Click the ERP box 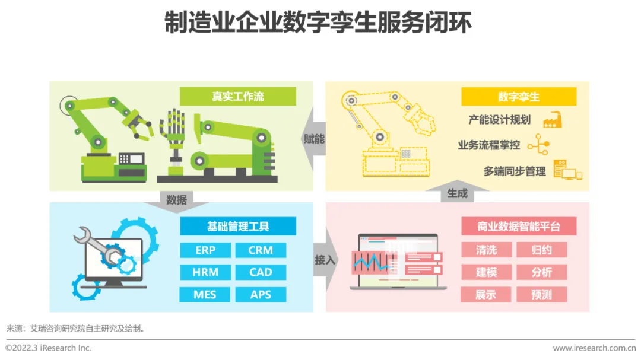click(x=205, y=250)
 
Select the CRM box click(x=261, y=250)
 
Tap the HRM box click(x=205, y=272)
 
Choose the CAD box click(x=261, y=272)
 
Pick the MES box click(x=205, y=294)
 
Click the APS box click(x=261, y=294)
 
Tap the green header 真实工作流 click(x=237, y=97)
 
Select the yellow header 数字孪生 click(x=519, y=97)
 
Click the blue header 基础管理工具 click(x=237, y=226)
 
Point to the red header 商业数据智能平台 click(x=519, y=226)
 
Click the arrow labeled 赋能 click(x=313, y=139)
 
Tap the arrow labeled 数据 click(x=176, y=200)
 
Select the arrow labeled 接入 click(x=325, y=260)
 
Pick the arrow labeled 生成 click(x=457, y=193)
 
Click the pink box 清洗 click(x=486, y=250)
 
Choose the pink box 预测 click(x=541, y=294)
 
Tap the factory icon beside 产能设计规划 click(x=552, y=120)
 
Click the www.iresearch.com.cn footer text click(x=594, y=348)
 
